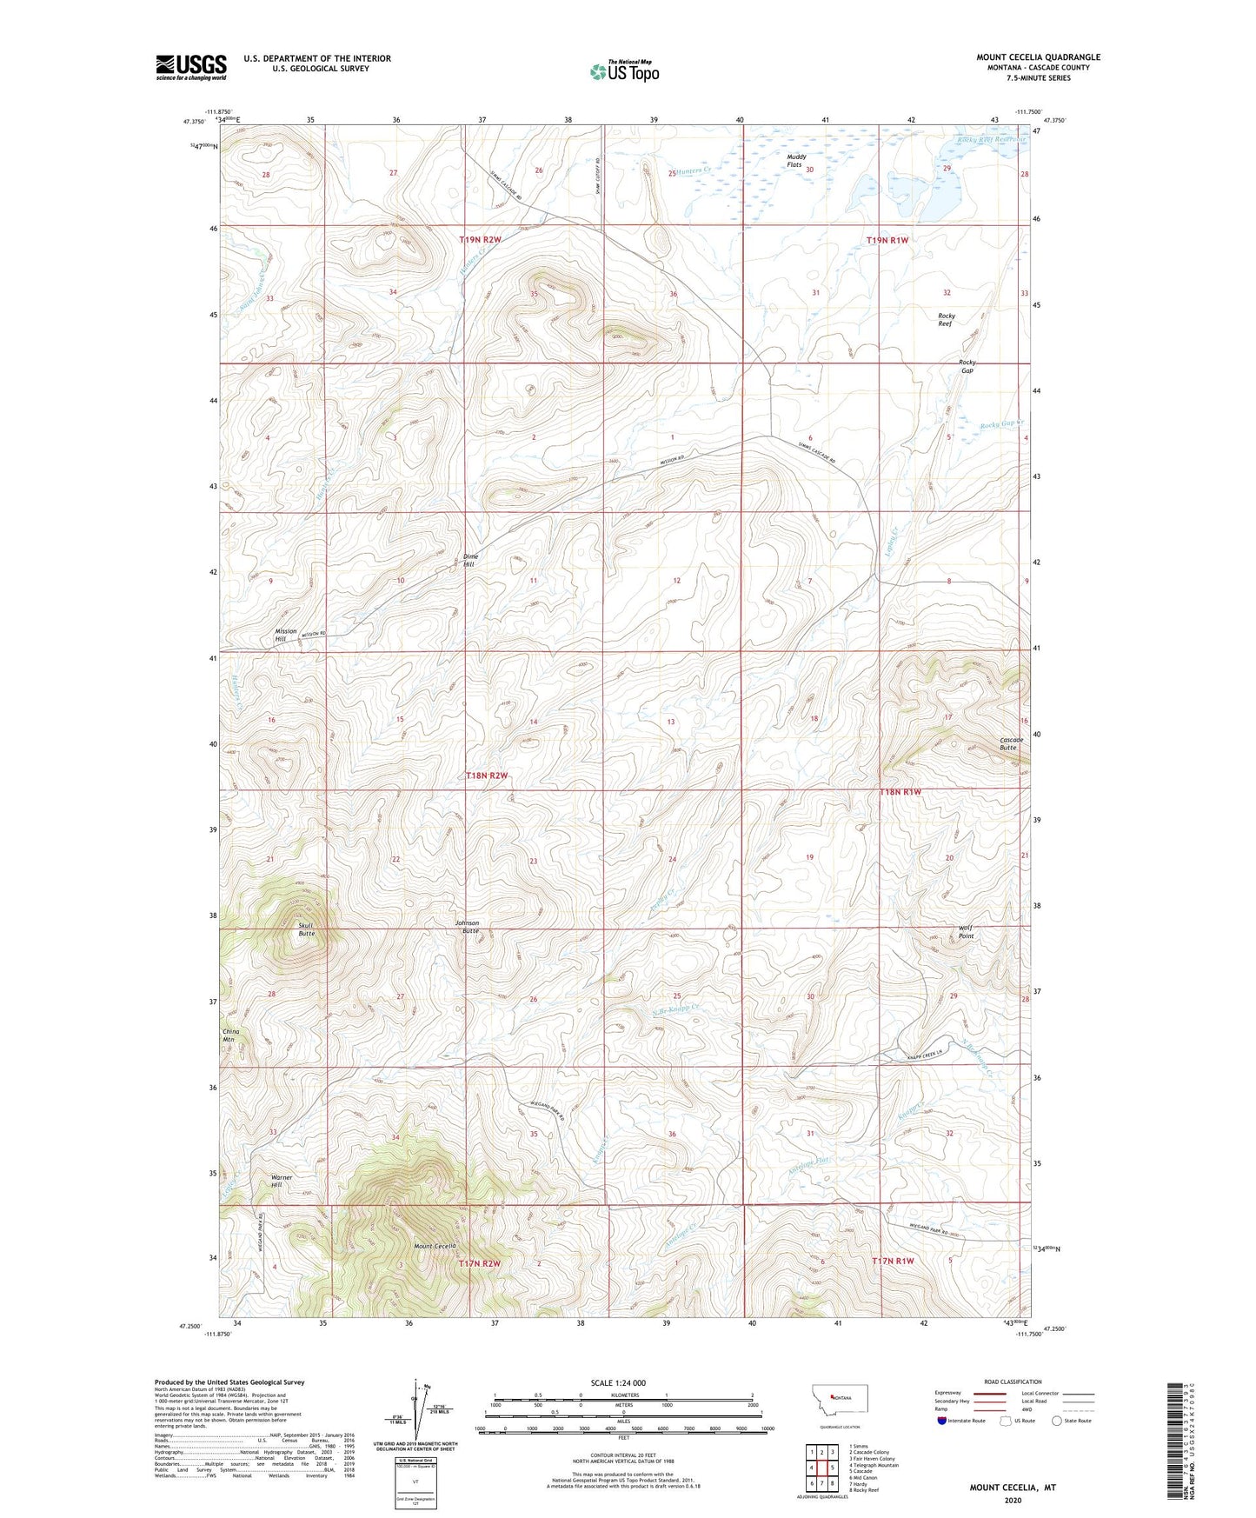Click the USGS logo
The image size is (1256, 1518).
191,67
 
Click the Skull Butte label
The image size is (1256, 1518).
306,929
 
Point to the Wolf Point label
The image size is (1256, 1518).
965,932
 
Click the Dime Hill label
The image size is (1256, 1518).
469,560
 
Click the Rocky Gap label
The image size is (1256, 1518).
967,366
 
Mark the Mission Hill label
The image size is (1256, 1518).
285,635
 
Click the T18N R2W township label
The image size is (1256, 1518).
487,775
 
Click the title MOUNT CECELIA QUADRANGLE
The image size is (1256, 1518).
1038,57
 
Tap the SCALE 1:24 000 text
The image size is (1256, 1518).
617,1382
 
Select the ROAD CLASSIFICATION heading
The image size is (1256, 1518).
1013,1382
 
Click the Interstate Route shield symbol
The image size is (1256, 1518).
943,1421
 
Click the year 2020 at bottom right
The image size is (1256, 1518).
1013,1500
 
